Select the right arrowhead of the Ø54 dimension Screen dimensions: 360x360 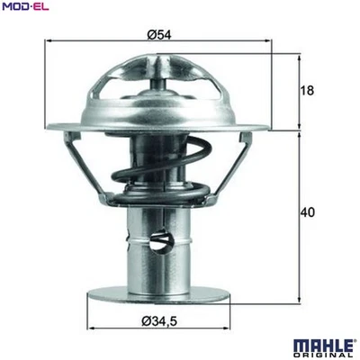(274, 41)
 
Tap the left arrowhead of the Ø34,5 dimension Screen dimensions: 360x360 (91, 325)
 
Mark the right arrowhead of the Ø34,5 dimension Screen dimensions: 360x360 (233, 325)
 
